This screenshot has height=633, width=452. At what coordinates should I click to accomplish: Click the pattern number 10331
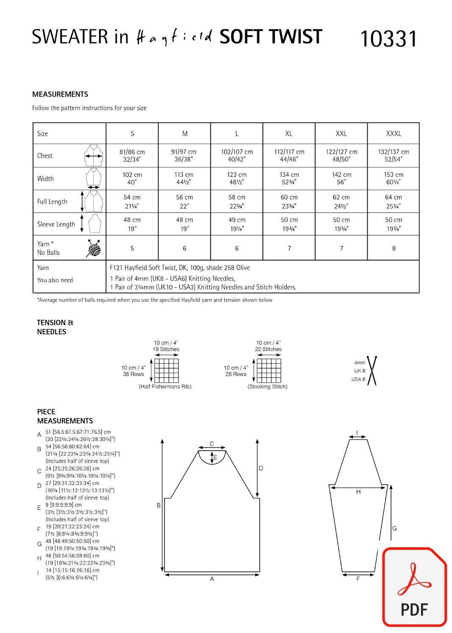click(388, 39)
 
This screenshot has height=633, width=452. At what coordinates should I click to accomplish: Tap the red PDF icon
click(414, 587)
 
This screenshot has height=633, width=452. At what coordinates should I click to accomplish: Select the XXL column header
click(341, 134)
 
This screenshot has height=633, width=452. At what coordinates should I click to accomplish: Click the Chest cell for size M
click(184, 156)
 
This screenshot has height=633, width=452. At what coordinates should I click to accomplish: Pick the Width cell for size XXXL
click(393, 178)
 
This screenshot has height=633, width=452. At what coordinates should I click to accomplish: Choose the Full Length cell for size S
click(132, 201)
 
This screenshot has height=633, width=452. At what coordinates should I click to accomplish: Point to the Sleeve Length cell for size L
click(237, 224)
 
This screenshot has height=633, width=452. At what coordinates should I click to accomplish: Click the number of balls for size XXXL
click(393, 248)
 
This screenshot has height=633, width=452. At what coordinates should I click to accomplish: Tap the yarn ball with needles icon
click(94, 248)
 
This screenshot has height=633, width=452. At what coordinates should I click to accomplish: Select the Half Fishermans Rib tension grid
click(166, 371)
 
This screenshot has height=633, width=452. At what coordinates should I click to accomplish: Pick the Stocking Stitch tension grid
click(269, 371)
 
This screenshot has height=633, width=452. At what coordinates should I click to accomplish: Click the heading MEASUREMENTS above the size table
click(60, 94)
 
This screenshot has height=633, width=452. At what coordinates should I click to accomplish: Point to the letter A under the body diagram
click(212, 579)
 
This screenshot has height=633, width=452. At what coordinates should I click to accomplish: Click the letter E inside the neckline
click(215, 457)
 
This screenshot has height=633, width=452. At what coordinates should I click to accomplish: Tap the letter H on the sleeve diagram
click(358, 492)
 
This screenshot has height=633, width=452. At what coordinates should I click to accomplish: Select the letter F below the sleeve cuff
click(358, 579)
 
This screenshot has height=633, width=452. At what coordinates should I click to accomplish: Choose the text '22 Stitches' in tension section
click(268, 349)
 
